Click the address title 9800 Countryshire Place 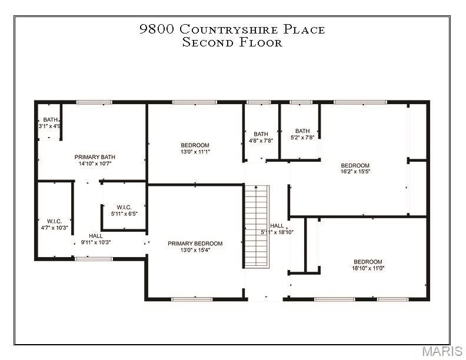click(232, 29)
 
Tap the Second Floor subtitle click(232, 42)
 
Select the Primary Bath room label click(95, 157)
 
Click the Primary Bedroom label click(195, 244)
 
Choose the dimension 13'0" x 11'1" click(195, 152)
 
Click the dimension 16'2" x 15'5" click(355, 172)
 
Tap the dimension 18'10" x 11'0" click(368, 269)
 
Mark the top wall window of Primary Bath click(94, 102)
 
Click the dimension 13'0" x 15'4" click(195, 250)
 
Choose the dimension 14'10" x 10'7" click(95, 164)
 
